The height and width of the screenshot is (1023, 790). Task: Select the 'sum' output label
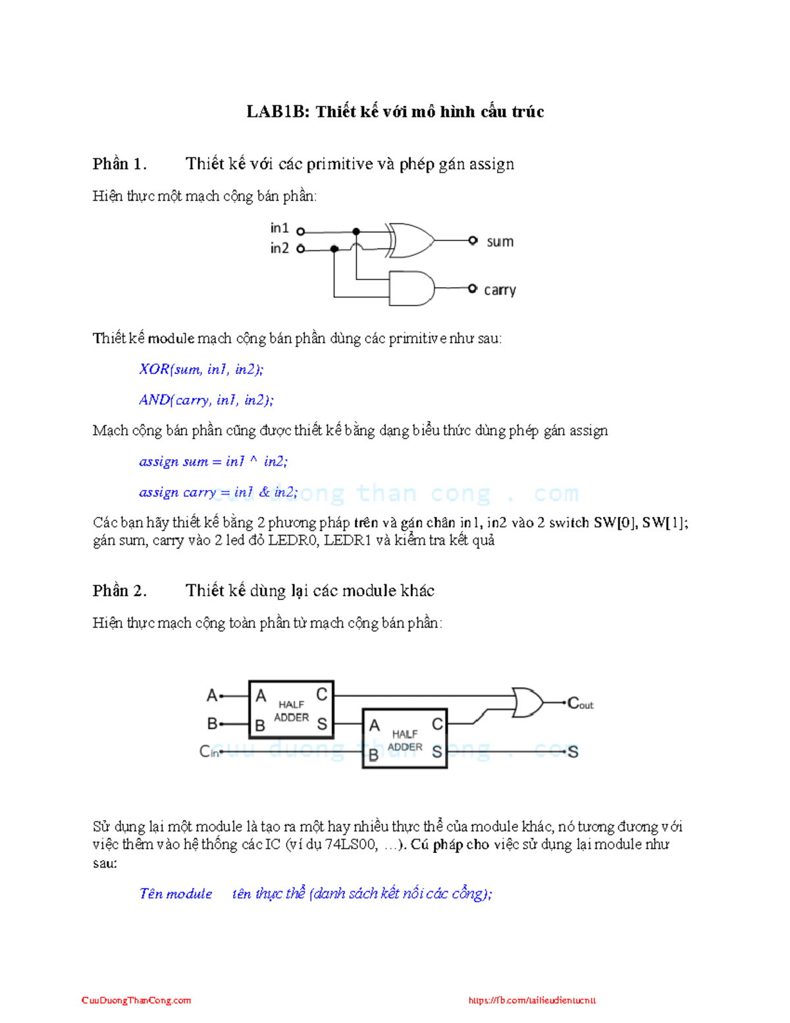[500, 242]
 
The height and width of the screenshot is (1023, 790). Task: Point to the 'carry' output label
[500, 290]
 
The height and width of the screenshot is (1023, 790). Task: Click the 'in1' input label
[279, 228]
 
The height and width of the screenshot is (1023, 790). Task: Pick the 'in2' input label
[279, 248]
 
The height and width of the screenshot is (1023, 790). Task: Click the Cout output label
[580, 704]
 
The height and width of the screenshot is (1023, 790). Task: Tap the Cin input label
[209, 752]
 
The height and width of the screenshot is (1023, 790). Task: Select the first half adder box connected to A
[291, 709]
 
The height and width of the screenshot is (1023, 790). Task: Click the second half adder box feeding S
[405, 738]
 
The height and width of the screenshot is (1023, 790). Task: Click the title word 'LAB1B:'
[277, 111]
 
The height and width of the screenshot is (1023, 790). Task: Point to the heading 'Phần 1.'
[119, 163]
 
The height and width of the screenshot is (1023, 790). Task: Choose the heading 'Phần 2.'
[119, 590]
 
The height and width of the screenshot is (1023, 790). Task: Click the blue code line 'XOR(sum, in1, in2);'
[201, 369]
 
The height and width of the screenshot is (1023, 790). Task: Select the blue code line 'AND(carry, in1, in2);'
[206, 400]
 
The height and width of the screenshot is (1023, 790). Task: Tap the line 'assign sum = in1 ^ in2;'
[213, 461]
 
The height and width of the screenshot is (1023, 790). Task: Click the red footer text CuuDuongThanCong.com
[136, 1000]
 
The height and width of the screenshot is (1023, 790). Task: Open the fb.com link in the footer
[532, 1000]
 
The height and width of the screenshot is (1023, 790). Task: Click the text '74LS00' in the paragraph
[351, 844]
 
